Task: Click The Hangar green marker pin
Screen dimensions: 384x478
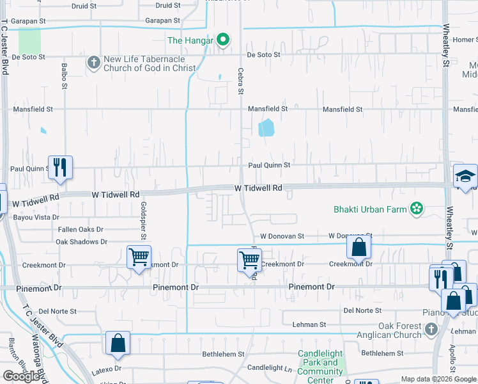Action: [222, 40]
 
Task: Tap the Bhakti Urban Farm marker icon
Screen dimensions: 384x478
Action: [417, 209]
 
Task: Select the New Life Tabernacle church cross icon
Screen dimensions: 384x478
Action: [93, 63]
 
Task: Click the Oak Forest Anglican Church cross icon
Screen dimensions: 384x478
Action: [431, 329]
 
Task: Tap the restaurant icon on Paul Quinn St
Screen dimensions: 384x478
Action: [60, 167]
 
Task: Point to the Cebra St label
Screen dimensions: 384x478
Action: [241, 82]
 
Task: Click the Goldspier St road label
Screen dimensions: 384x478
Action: [143, 218]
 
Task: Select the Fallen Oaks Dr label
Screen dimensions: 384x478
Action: [81, 229]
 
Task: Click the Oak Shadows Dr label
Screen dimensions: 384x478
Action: [81, 242]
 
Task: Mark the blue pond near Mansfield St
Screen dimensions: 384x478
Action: [266, 128]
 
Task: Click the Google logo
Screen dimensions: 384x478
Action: [21, 376]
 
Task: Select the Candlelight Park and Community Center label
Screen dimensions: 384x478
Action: [320, 367]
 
